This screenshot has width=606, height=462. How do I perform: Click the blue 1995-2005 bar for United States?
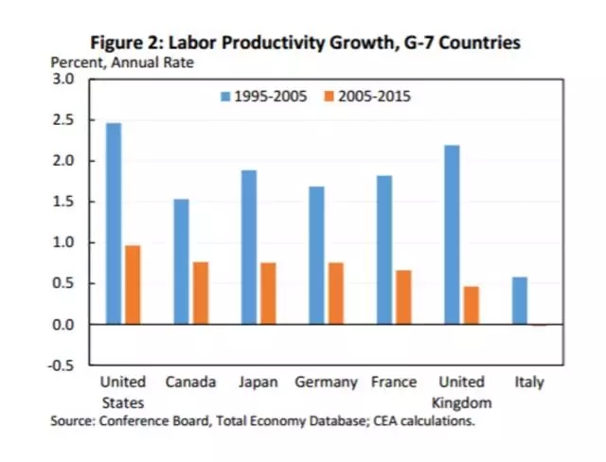114,223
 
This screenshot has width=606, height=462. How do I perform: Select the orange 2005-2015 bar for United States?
134,285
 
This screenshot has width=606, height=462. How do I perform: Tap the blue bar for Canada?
181,261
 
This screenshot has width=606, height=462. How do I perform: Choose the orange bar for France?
404,297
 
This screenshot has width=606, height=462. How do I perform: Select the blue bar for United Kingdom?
453,235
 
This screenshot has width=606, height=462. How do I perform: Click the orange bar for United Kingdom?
472,305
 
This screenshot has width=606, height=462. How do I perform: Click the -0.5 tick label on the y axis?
61,365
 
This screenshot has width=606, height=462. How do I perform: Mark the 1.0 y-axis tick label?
62,242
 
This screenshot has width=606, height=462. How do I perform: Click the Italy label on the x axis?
529,382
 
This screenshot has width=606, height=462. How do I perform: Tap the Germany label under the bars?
327,382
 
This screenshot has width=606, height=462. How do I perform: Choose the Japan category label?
259,382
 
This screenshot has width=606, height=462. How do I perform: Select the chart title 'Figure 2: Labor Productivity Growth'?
304,43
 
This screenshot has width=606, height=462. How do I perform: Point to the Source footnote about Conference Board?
262,420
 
